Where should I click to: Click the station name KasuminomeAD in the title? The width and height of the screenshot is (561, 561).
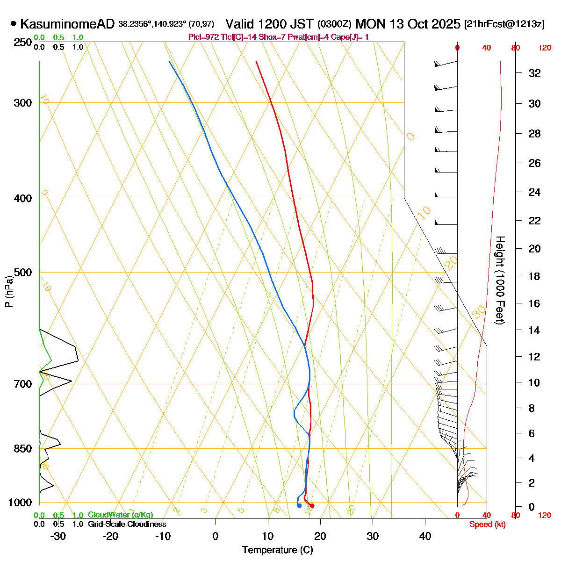click(67, 24)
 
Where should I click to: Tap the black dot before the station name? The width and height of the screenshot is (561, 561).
click(14, 24)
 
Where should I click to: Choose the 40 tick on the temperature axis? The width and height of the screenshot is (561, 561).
click(425, 536)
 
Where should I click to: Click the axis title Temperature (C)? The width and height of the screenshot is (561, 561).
click(277, 550)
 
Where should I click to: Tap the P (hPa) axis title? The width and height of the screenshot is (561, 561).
click(8, 291)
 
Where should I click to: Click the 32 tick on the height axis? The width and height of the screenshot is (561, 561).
click(534, 73)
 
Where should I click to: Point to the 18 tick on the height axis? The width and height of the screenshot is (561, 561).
click(534, 277)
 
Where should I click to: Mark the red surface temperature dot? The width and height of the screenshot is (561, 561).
click(312, 505)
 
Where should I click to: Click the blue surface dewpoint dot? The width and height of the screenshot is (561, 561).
click(299, 505)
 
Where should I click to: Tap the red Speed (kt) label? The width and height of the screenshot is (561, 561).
click(487, 525)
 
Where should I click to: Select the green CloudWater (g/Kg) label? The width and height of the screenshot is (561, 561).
click(120, 515)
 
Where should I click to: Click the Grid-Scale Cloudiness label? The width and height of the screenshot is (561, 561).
click(127, 525)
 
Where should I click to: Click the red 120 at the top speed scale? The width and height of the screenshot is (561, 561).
click(544, 47)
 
